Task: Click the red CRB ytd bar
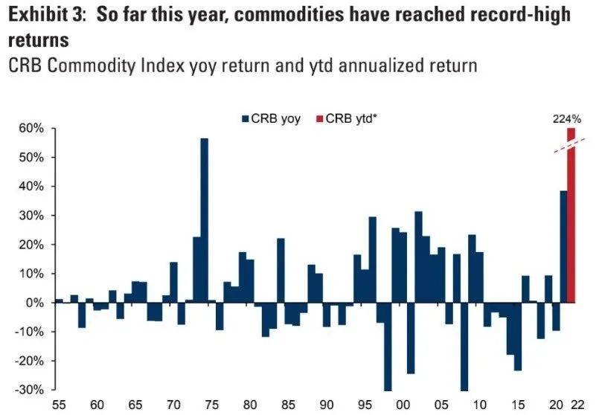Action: [x=571, y=223]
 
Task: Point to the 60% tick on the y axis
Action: [x=32, y=129]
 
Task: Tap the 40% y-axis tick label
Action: [x=32, y=187]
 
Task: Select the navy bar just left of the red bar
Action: [x=563, y=246]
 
